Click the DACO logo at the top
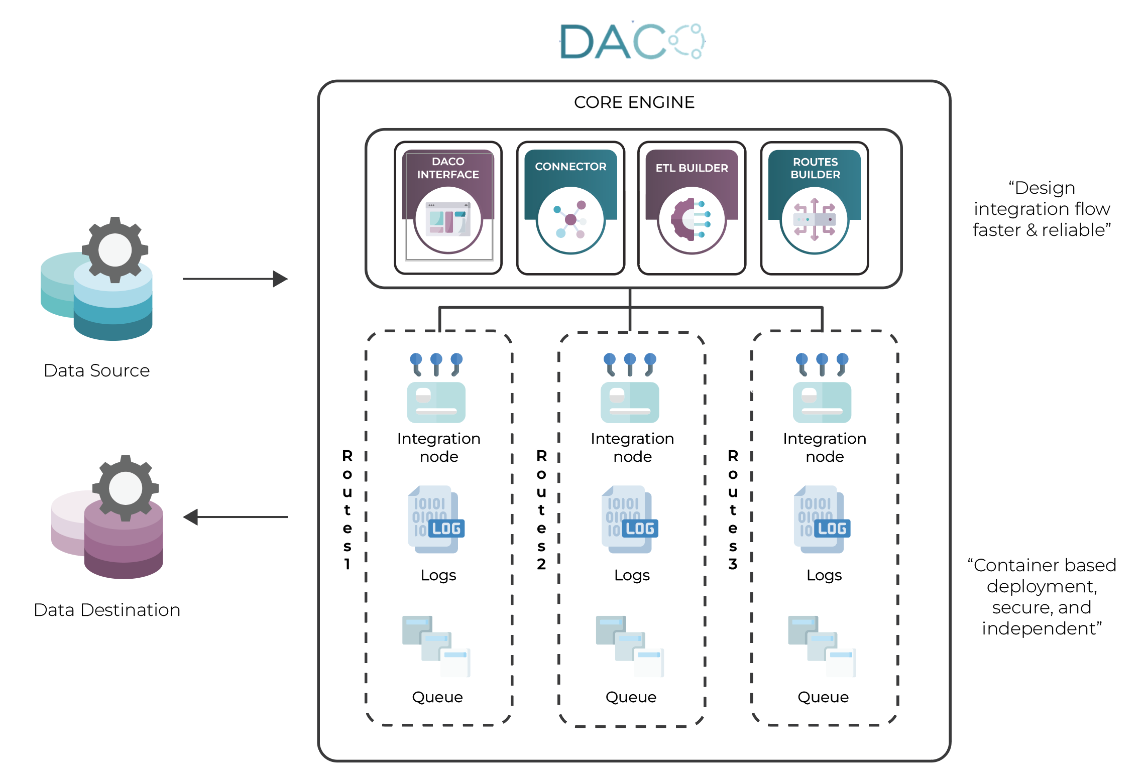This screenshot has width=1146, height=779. click(x=633, y=42)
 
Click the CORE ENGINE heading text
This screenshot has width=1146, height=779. click(x=634, y=102)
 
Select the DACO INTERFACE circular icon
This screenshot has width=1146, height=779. click(x=448, y=220)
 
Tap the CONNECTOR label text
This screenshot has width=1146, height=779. click(x=570, y=167)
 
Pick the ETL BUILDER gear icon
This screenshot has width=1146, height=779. click(x=692, y=220)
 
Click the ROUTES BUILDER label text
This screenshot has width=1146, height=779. click(x=815, y=168)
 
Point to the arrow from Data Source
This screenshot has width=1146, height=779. click(x=235, y=279)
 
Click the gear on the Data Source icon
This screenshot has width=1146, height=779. click(x=115, y=249)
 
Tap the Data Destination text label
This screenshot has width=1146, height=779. click(x=107, y=610)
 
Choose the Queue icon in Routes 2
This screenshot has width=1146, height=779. click(x=630, y=646)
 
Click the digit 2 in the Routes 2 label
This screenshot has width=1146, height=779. click(x=541, y=564)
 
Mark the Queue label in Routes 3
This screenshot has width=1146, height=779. click(x=823, y=697)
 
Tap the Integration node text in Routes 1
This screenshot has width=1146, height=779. click(x=438, y=447)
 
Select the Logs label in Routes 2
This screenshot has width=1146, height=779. click(x=632, y=575)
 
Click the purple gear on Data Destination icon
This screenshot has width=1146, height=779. click(x=125, y=488)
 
